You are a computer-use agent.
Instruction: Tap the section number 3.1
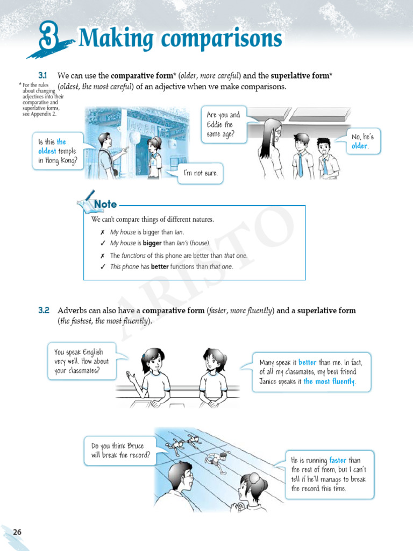(x=43, y=75)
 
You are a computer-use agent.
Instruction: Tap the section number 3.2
(x=44, y=310)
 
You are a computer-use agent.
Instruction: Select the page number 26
(x=17, y=532)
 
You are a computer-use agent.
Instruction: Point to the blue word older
(x=360, y=146)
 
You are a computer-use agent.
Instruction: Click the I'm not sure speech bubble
(x=201, y=173)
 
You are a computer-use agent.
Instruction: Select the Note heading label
(x=105, y=204)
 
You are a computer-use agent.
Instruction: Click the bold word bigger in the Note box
(x=152, y=243)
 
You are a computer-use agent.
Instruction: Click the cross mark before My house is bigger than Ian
(x=102, y=232)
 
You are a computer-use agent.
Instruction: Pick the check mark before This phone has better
(x=102, y=266)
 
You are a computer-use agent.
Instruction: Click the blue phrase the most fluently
(x=329, y=382)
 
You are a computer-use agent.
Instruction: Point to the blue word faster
(x=338, y=461)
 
